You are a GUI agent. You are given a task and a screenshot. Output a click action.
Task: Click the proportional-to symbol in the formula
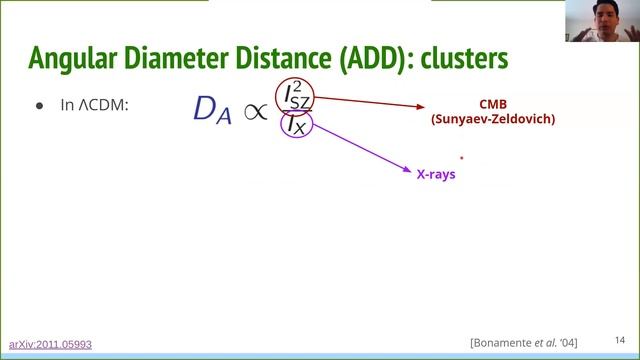(x=257, y=110)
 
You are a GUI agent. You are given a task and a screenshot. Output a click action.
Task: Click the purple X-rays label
(x=436, y=173)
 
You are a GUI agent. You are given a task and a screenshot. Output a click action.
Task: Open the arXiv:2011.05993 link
(x=50, y=344)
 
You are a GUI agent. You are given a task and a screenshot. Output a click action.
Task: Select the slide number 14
(x=619, y=340)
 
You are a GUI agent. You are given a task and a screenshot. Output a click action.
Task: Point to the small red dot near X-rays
(x=461, y=157)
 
